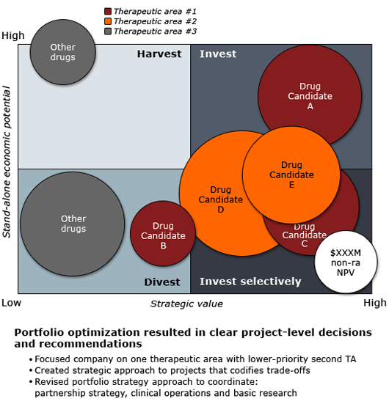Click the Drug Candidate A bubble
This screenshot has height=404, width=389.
pyautogui.click(x=310, y=85)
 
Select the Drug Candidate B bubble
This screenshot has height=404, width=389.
pyautogui.click(x=163, y=233)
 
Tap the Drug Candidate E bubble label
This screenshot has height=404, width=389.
pyautogui.click(x=291, y=175)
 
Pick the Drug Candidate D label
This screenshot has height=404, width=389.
pyautogui.click(x=220, y=199)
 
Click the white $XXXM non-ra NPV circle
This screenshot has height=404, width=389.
pyautogui.click(x=346, y=262)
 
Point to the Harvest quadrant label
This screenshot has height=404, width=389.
pyautogui.click(x=159, y=54)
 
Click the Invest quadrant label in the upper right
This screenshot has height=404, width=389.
pyautogui.click(x=218, y=54)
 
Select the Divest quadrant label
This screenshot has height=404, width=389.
pyautogui.click(x=162, y=282)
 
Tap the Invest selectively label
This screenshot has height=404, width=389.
pyautogui.click(x=250, y=282)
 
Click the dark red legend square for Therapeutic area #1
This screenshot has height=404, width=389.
pyautogui.click(x=108, y=11)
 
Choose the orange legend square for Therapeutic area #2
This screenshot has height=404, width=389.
pyautogui.click(x=108, y=21)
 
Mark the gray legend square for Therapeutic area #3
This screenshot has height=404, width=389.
pyautogui.click(x=108, y=32)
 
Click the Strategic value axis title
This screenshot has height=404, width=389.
pyautogui.click(x=186, y=304)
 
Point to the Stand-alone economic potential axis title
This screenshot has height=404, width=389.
pyautogui.click(x=7, y=162)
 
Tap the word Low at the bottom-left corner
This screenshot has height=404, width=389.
pyautogui.click(x=11, y=303)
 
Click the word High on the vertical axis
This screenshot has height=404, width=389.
pyautogui.click(x=13, y=35)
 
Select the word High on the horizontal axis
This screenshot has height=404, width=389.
pyautogui.click(x=375, y=303)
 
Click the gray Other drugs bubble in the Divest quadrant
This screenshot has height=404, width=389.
pyautogui.click(x=73, y=224)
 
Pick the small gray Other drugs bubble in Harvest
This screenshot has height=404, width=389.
pyautogui.click(x=62, y=52)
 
